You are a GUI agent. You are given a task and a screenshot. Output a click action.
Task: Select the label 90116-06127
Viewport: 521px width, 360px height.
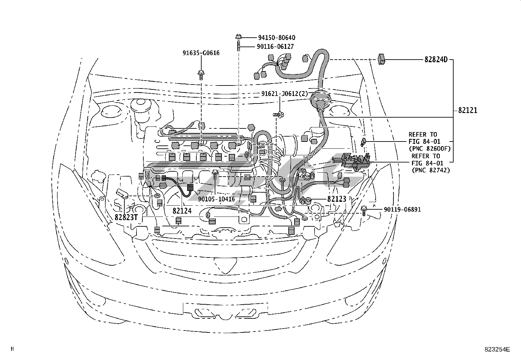tap(275, 47)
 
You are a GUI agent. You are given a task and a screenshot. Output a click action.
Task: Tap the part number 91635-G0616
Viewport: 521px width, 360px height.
tap(201, 53)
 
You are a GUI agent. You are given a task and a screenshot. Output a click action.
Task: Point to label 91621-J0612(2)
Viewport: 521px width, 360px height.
tap(285, 94)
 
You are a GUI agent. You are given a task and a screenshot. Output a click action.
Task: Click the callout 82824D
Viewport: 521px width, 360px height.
tap(436, 60)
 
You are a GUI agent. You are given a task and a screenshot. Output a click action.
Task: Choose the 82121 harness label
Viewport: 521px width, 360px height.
tap(468, 110)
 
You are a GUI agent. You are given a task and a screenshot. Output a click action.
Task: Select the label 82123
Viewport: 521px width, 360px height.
tap(337, 199)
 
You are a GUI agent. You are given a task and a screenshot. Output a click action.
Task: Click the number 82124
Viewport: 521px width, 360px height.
tap(182, 211)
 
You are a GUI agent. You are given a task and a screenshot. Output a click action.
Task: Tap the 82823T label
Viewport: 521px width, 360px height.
tap(126, 217)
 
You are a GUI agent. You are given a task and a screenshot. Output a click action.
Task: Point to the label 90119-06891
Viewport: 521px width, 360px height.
tap(402, 209)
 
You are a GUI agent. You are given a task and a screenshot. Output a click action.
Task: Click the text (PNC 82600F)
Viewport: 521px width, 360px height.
tap(430, 148)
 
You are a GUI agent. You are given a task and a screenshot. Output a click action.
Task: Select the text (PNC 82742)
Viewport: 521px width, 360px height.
tap(431, 170)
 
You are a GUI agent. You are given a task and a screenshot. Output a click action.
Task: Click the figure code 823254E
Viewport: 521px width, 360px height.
tap(497, 349)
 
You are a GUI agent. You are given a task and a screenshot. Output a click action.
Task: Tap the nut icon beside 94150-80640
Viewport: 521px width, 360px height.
tap(238, 37)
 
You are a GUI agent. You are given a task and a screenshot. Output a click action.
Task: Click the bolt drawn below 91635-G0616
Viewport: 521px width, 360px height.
tap(201, 75)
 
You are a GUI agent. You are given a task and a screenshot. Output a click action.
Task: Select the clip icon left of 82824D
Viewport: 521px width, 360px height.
tap(381, 59)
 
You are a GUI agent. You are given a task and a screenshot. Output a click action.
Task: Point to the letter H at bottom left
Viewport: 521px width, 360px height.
tap(12, 349)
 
